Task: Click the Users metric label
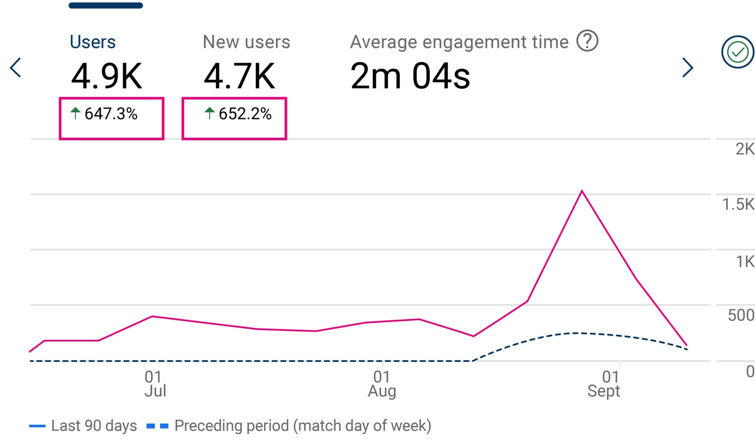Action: pos(92,42)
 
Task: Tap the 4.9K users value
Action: pos(107,76)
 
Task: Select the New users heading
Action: pos(246,42)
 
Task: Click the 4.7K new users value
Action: pos(239,76)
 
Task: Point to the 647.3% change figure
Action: pos(111,114)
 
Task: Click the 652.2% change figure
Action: pos(245,114)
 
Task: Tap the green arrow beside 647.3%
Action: pos(75,113)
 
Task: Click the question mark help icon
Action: pos(587,41)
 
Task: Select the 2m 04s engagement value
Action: pos(410,76)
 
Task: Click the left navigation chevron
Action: pos(16,68)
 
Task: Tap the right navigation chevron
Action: pos(688,68)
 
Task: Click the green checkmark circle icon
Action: pos(738,52)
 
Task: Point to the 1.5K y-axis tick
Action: pos(738,204)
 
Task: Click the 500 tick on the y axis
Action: pos(740,315)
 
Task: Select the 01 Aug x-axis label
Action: pos(382,384)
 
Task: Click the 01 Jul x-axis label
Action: pos(154,384)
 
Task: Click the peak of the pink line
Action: pos(582,191)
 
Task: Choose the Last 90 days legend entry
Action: pos(84,426)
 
